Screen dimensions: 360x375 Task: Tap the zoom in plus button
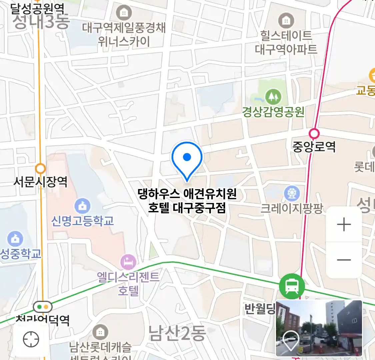[x=344, y=225]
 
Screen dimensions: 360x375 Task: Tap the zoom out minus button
[x=344, y=260]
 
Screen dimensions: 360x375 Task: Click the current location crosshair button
[x=31, y=339]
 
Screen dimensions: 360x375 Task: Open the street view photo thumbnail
[x=319, y=328]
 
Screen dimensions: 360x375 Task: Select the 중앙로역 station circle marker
[x=314, y=134]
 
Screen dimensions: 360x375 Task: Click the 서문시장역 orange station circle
[x=40, y=168]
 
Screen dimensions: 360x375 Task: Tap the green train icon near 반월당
[x=292, y=286]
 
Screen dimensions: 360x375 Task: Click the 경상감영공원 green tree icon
[x=273, y=97]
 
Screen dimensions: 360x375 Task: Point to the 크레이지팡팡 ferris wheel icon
[x=292, y=193]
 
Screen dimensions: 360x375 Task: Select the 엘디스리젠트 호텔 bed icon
[x=128, y=262]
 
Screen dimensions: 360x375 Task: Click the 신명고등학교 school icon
[x=82, y=206]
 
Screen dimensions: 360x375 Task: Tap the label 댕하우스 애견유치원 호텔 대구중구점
[x=187, y=201]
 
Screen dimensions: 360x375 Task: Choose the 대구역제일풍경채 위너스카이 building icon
[x=124, y=13]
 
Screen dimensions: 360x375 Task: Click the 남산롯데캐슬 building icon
[x=100, y=332]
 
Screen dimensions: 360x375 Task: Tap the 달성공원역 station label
[x=37, y=8]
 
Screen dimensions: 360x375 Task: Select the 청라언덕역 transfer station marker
[x=43, y=306]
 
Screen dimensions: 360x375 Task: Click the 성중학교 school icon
[x=15, y=239]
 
